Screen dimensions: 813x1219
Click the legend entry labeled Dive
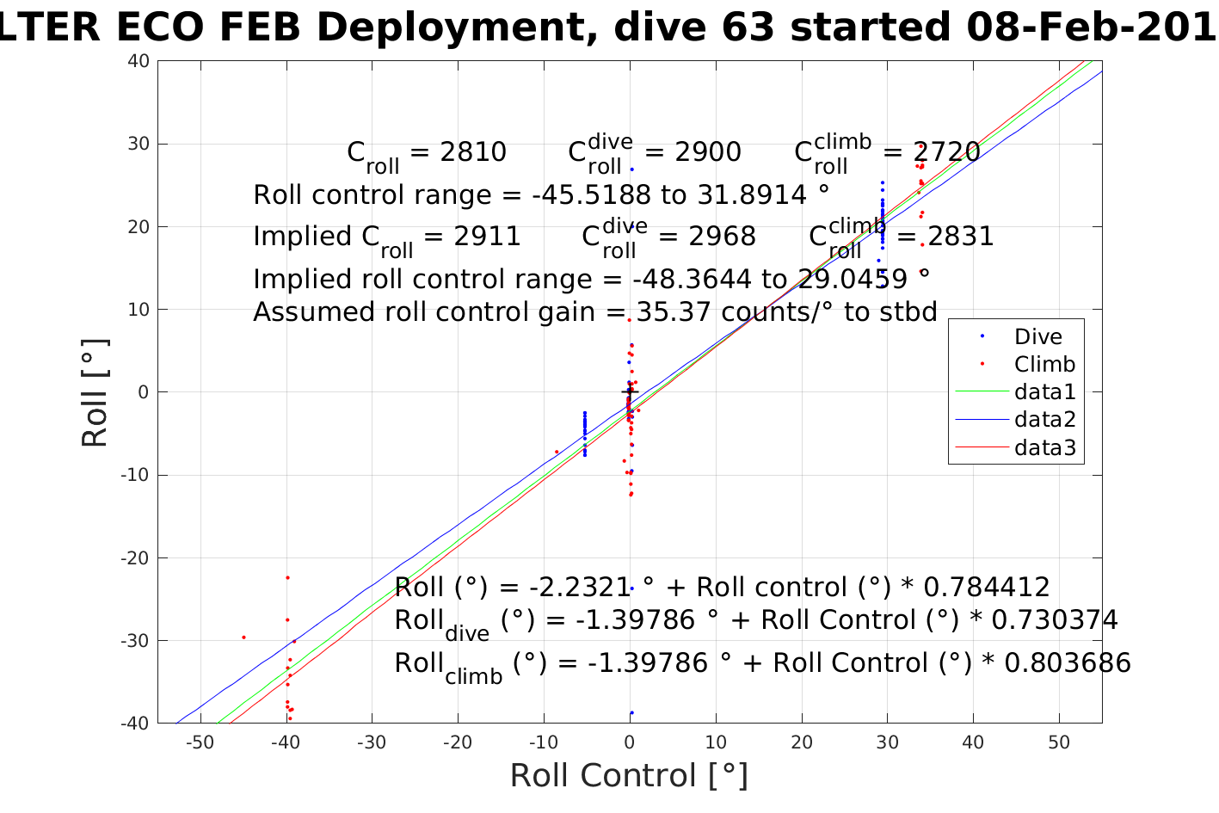pyautogui.click(x=1037, y=336)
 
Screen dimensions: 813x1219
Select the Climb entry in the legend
pyautogui.click(x=1044, y=364)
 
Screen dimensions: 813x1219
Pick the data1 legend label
pyautogui.click(x=1045, y=392)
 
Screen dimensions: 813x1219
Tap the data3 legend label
pyautogui.click(x=1045, y=447)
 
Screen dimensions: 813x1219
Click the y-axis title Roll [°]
pyautogui.click(x=95, y=393)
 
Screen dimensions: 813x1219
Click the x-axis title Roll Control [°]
pyautogui.click(x=629, y=775)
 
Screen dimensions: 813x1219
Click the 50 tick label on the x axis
pyautogui.click(x=1059, y=743)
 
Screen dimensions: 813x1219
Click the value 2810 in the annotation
pyautogui.click(x=473, y=152)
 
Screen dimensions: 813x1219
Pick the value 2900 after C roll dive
pyautogui.click(x=708, y=152)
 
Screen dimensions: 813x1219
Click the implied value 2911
pyautogui.click(x=488, y=237)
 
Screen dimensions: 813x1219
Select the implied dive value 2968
pyautogui.click(x=723, y=237)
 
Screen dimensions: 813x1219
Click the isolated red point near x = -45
pyautogui.click(x=243, y=637)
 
